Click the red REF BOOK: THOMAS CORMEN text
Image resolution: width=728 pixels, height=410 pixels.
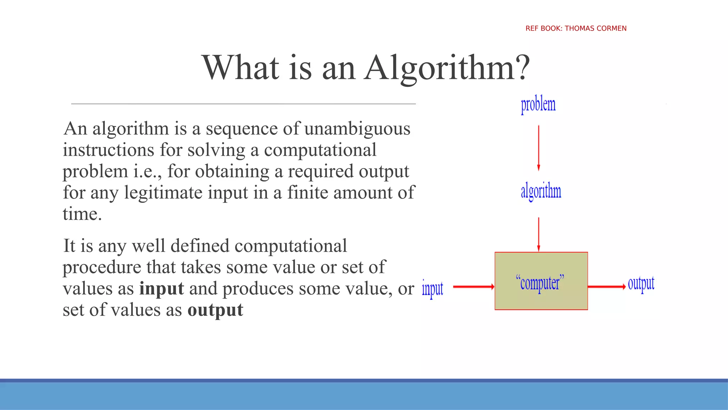[x=576, y=28]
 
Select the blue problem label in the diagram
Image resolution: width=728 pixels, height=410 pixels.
[x=538, y=105]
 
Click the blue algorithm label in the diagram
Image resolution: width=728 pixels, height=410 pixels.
[x=541, y=191]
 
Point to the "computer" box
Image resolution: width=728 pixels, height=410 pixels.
[x=541, y=281]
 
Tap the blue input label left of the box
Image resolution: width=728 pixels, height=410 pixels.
[x=432, y=288]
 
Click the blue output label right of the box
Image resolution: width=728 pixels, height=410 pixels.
[x=641, y=284]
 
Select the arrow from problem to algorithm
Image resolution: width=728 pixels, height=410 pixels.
[x=539, y=148]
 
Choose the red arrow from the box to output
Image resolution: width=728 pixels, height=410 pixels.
[x=606, y=287]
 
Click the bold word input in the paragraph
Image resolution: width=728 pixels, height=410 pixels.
[x=161, y=288]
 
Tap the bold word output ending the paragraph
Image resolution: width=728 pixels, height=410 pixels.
[x=215, y=310]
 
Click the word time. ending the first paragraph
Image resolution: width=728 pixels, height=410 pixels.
[x=82, y=214]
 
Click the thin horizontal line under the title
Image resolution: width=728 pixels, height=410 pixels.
[x=243, y=104]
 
